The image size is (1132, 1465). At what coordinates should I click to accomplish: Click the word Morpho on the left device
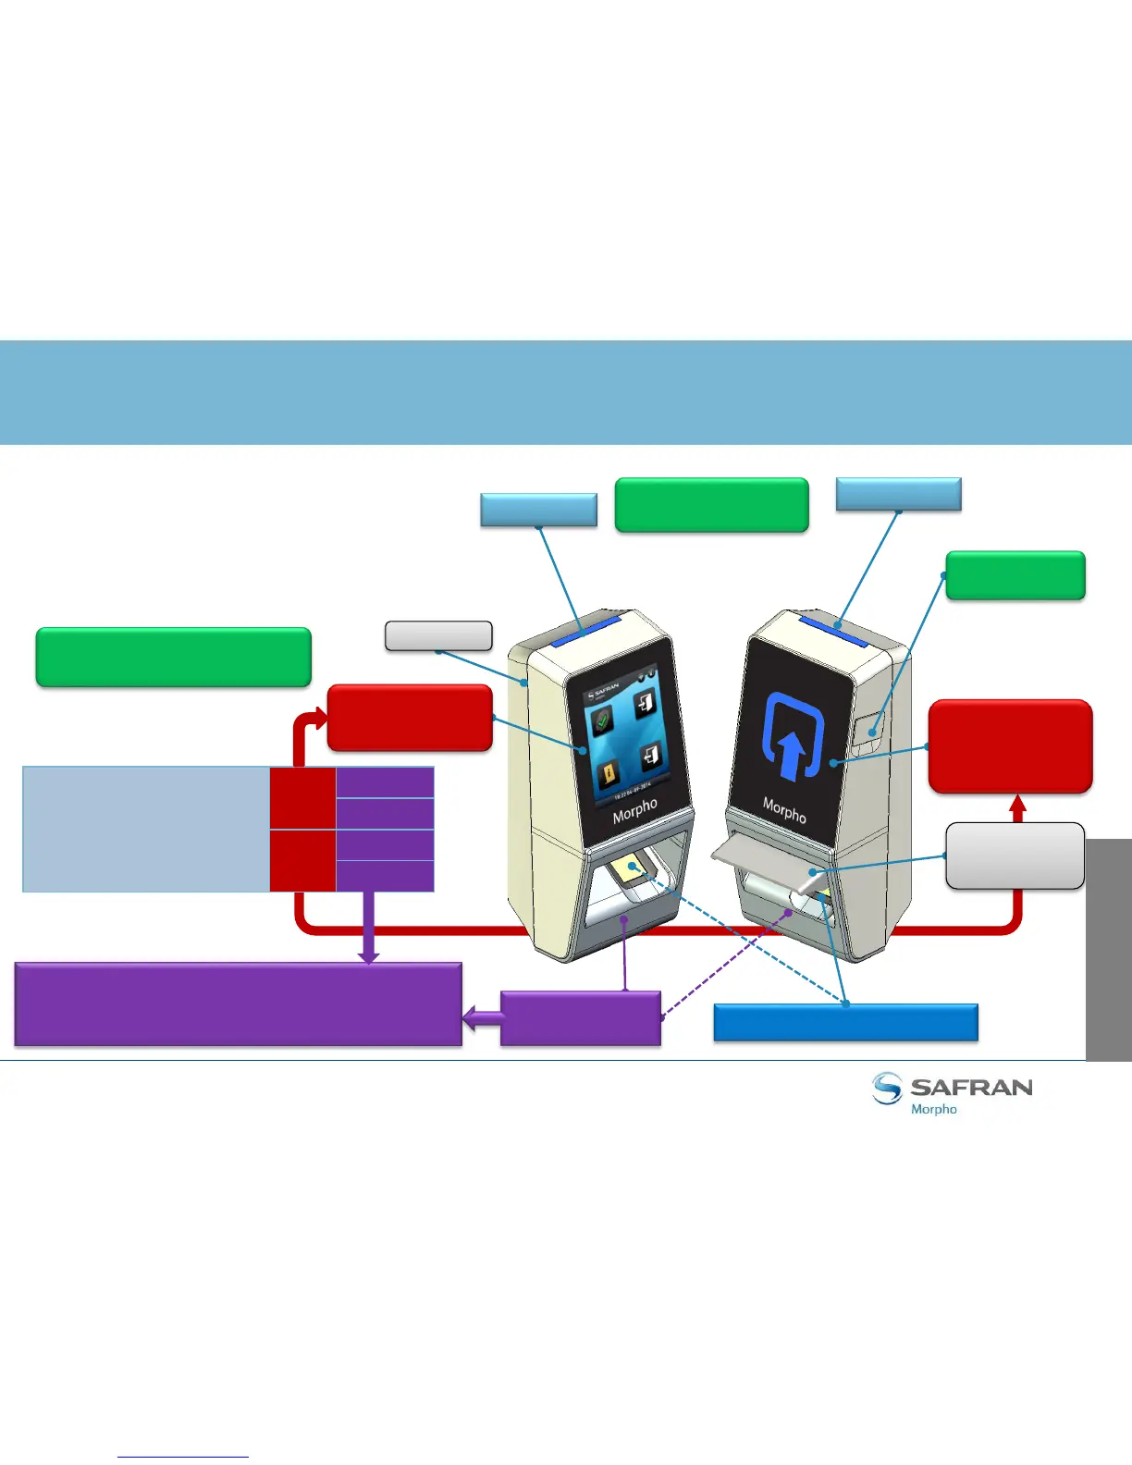click(x=634, y=811)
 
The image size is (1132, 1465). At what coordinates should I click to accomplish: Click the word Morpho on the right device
click(x=784, y=810)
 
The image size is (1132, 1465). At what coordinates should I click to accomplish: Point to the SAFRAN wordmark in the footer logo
click(x=971, y=1088)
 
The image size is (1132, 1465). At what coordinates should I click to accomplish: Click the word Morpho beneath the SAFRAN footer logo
click(x=934, y=1109)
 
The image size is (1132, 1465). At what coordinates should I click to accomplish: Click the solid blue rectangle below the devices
click(x=846, y=1022)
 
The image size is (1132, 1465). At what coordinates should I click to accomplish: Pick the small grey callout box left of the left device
click(x=438, y=636)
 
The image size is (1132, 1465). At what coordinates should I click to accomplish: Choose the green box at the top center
click(x=711, y=505)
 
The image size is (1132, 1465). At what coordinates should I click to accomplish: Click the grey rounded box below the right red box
click(x=1015, y=856)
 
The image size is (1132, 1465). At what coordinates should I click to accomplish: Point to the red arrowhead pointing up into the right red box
click(x=1018, y=807)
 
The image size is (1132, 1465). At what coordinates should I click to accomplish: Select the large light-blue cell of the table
click(x=146, y=829)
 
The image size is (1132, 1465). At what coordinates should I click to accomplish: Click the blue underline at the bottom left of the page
click(x=183, y=1457)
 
